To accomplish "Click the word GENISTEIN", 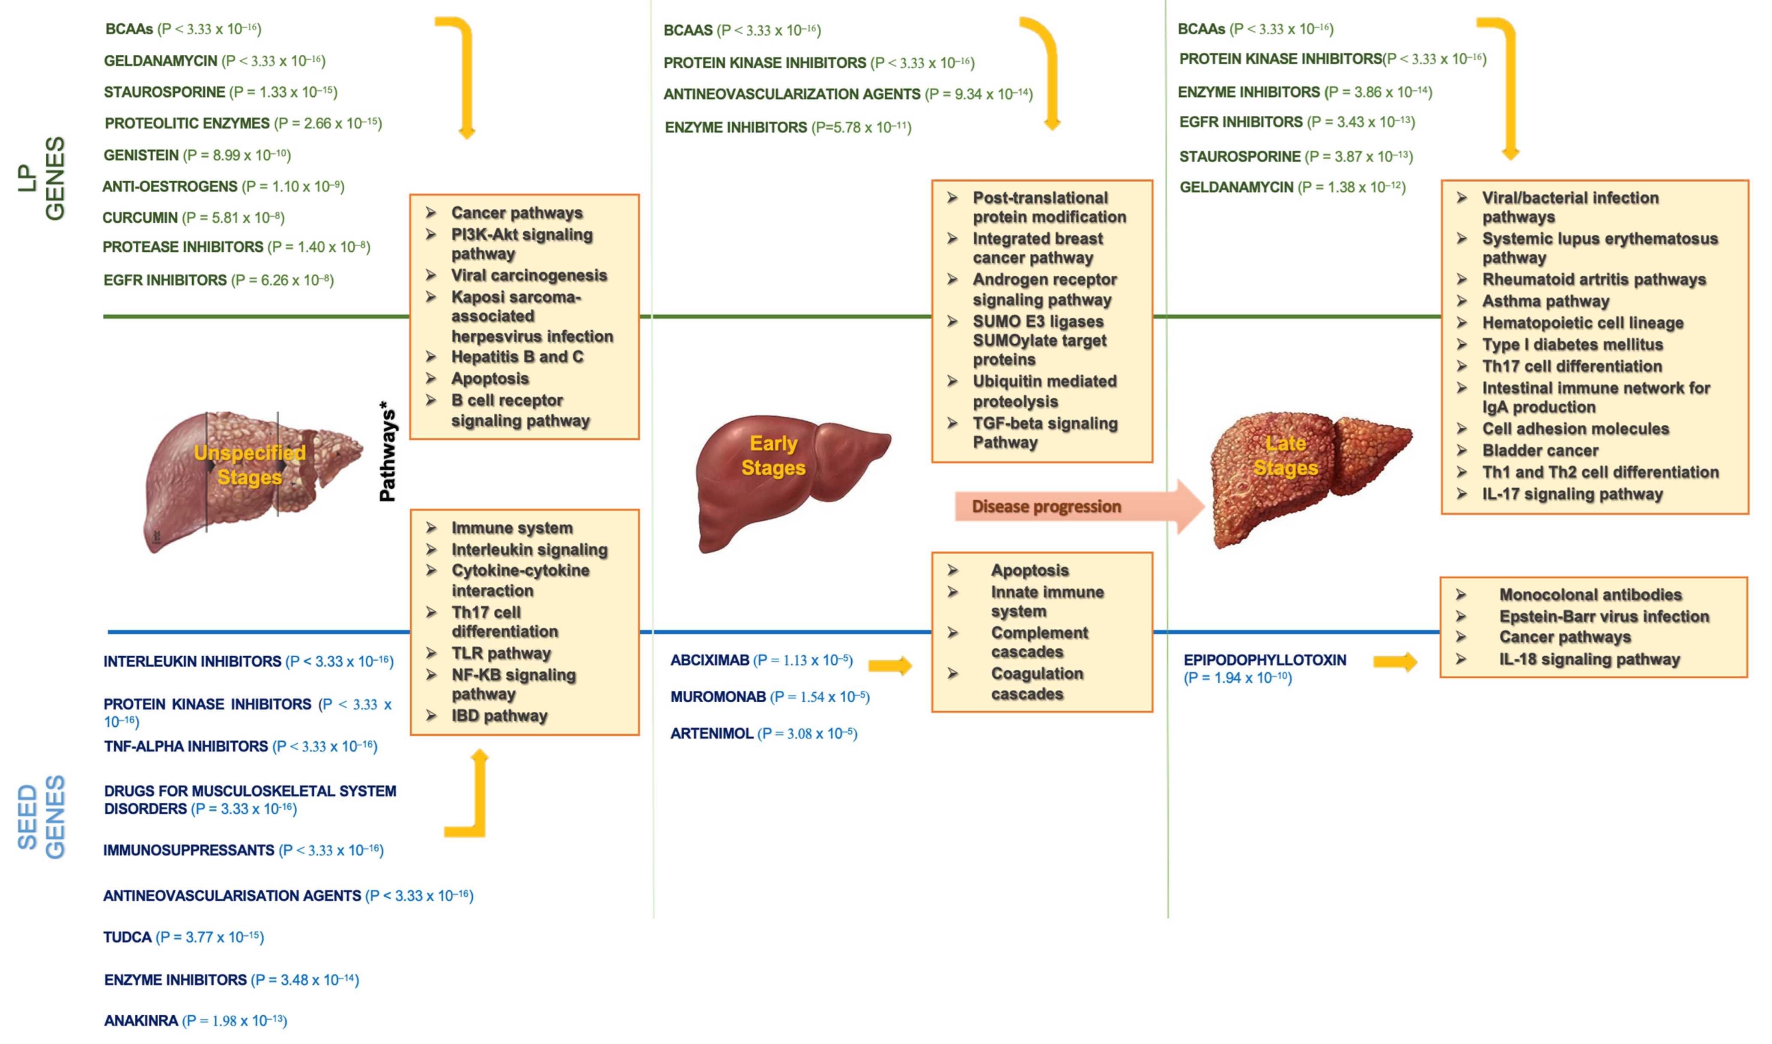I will pyautogui.click(x=141, y=155).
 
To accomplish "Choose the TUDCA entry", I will pyautogui.click(x=127, y=937).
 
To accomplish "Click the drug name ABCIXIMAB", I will pyautogui.click(x=709, y=660).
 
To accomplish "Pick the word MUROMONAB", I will pyautogui.click(x=718, y=696).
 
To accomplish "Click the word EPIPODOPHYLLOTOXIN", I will pyautogui.click(x=1264, y=660).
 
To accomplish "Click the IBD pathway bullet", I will pyautogui.click(x=499, y=716).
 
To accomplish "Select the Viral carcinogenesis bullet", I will pyautogui.click(x=528, y=275).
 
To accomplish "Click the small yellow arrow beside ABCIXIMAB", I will pyautogui.click(x=890, y=665).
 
